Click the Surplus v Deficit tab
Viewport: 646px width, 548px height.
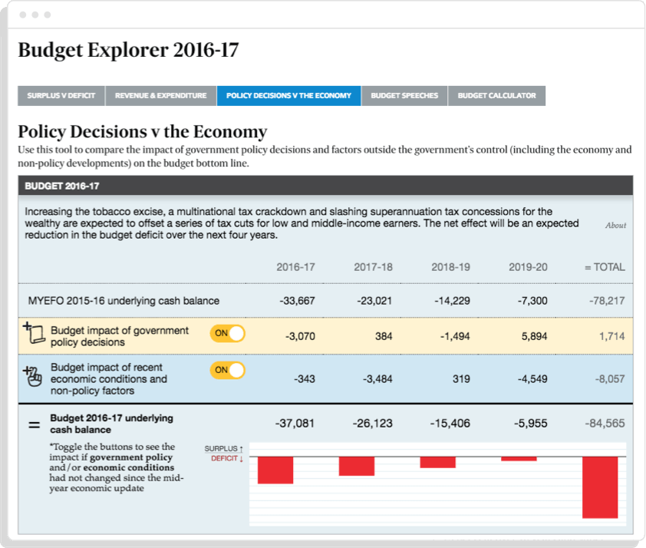pos(61,96)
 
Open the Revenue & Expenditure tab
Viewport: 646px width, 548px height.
pos(161,96)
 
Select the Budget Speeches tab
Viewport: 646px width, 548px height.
pos(404,96)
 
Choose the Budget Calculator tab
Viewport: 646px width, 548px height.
pos(496,96)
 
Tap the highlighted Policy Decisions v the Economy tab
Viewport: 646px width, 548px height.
pos(288,96)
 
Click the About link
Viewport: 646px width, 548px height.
pos(615,226)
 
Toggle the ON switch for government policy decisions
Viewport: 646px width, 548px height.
pos(227,333)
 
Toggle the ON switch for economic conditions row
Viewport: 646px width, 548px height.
pos(227,370)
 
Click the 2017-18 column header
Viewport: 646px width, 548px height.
pos(373,267)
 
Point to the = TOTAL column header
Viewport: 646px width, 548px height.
pos(605,267)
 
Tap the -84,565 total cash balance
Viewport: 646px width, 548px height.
pos(605,423)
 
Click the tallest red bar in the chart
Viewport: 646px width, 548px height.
pos(600,487)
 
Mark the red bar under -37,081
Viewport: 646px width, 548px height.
pos(275,470)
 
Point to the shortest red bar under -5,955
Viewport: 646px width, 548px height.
pos(519,459)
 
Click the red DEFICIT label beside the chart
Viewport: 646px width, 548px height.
pos(227,459)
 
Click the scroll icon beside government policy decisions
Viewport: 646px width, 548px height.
pos(33,334)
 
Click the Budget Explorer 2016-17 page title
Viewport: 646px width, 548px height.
pos(128,51)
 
